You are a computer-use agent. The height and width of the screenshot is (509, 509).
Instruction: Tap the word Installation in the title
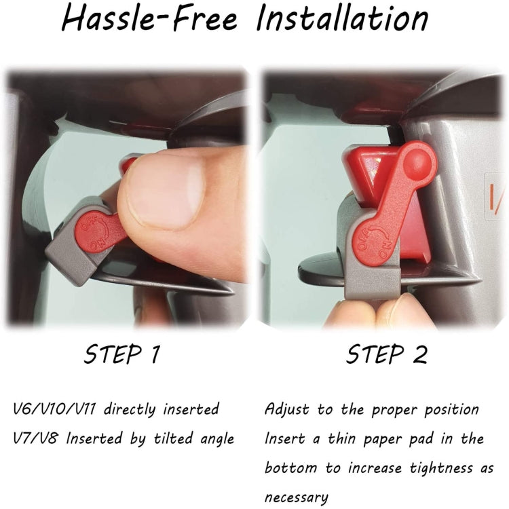pyautogui.click(x=343, y=20)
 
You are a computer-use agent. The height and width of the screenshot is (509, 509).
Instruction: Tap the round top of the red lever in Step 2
pyautogui.click(x=417, y=162)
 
